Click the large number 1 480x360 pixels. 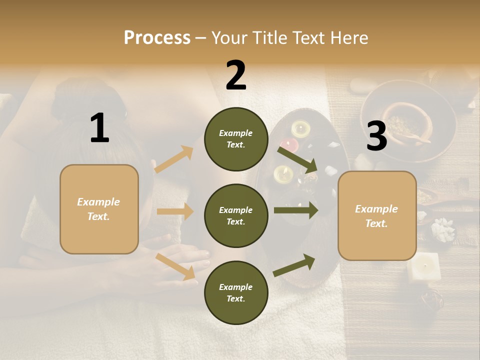pyautogui.click(x=99, y=128)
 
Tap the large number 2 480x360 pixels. pyautogui.click(x=236, y=75)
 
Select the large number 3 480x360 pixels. pyautogui.click(x=376, y=136)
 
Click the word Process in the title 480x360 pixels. pyautogui.click(x=157, y=37)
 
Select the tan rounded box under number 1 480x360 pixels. pyautogui.click(x=99, y=209)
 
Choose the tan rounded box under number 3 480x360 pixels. pyautogui.click(x=377, y=215)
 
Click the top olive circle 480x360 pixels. pyautogui.click(x=236, y=139)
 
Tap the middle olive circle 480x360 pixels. pyautogui.click(x=236, y=215)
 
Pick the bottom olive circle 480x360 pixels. pyautogui.click(x=236, y=292)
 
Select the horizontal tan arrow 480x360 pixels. pyautogui.click(x=175, y=211)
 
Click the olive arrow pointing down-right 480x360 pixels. pyautogui.click(x=298, y=159)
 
